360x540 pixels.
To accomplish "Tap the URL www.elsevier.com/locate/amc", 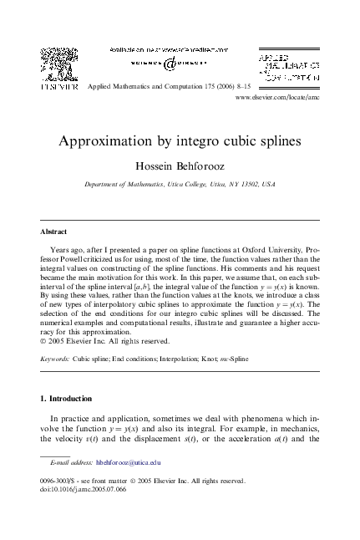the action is [x=279, y=98].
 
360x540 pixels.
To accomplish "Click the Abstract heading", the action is [x=53, y=231].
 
